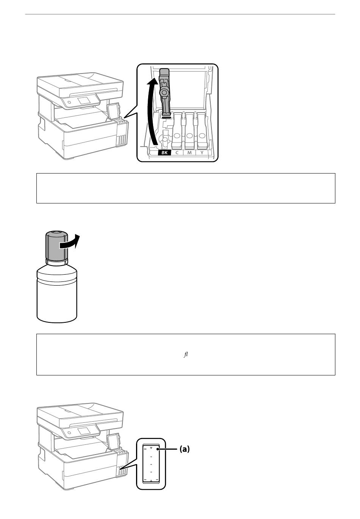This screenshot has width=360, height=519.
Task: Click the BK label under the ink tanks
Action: click(x=164, y=153)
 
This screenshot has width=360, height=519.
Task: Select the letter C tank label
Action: click(x=177, y=153)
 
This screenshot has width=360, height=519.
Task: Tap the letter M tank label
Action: click(x=189, y=153)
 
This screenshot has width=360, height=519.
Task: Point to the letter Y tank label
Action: click(x=202, y=153)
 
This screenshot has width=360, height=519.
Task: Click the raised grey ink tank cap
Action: click(x=164, y=92)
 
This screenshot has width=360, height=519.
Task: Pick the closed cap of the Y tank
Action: click(x=202, y=131)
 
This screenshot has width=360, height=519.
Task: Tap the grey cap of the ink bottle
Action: click(x=56, y=245)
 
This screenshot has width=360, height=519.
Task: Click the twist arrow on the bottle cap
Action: click(x=70, y=242)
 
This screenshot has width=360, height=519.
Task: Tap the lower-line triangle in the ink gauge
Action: click(x=151, y=480)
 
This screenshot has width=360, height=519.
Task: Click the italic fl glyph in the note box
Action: click(x=186, y=355)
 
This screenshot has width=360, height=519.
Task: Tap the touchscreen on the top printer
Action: click(x=84, y=100)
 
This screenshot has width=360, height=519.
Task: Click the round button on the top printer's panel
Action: click(x=69, y=102)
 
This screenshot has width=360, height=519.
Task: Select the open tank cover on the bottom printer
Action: click(x=113, y=439)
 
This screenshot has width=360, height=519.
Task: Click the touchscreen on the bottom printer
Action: click(x=84, y=430)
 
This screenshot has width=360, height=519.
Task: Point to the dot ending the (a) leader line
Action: click(x=158, y=449)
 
